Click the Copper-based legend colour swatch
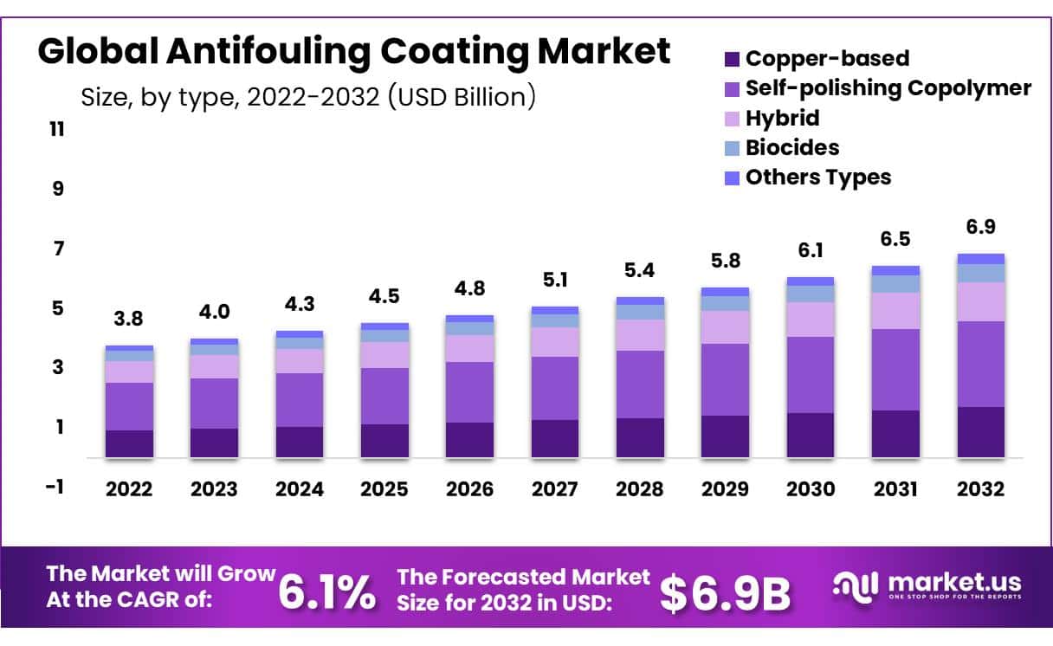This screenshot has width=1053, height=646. (x=732, y=59)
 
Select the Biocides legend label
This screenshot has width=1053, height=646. (x=791, y=147)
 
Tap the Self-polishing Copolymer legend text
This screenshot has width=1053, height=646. (x=888, y=87)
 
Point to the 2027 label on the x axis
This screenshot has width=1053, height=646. (x=555, y=489)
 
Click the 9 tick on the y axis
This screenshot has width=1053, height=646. (x=58, y=188)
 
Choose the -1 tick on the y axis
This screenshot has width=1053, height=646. (x=55, y=487)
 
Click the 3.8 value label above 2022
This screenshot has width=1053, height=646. (x=128, y=319)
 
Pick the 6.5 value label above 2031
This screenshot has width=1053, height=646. (x=895, y=239)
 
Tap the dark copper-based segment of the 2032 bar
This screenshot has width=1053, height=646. (x=980, y=431)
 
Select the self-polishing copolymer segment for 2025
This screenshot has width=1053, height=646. (x=384, y=396)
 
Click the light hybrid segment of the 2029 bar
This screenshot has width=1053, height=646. (x=725, y=327)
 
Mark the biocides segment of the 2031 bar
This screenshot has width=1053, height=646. (x=895, y=283)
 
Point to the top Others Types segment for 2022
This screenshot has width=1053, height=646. (x=129, y=348)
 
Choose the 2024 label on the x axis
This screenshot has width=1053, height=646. (x=300, y=489)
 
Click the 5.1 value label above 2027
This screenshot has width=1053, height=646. (x=555, y=279)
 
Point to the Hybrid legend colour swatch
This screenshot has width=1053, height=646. (x=732, y=118)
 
